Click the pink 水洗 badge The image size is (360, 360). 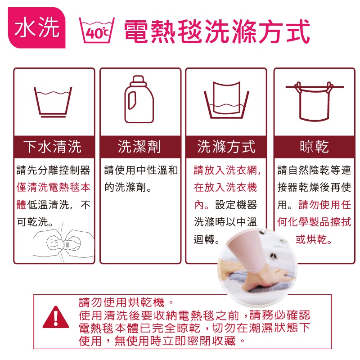[x=37, y=27]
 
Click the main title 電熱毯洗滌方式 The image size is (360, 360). [x=217, y=31]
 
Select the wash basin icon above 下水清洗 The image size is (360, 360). [x=53, y=102]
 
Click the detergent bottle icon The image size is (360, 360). [x=139, y=99]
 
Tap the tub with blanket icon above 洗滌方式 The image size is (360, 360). [x=226, y=100]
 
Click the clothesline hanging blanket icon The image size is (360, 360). [x=314, y=101]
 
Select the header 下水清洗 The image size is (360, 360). [x=52, y=147]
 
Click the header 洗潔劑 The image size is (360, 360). [x=139, y=147]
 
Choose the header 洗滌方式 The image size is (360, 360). [x=226, y=147]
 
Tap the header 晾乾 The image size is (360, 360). [x=314, y=147]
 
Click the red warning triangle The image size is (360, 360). [x=56, y=317]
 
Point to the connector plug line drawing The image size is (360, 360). [x=63, y=243]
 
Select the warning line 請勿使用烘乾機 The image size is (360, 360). [x=126, y=302]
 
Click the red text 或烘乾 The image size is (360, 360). [x=314, y=239]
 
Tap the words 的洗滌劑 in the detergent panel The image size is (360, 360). [x=128, y=187]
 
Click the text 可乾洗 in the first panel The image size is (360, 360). [x=35, y=222]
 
